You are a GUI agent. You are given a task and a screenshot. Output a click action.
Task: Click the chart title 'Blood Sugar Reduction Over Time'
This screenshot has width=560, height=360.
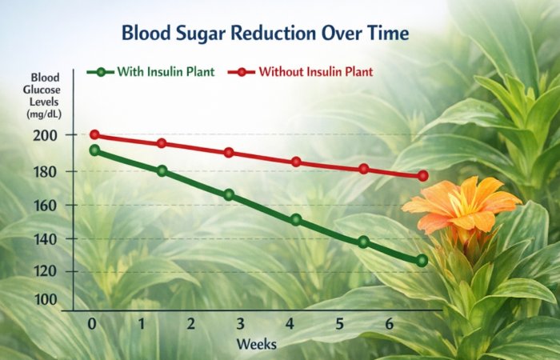pyautogui.click(x=265, y=34)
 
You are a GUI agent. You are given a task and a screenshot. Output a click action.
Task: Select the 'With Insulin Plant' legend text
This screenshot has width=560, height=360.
pyautogui.click(x=166, y=71)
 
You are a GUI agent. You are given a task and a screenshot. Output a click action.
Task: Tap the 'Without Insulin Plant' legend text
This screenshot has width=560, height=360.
pyautogui.click(x=316, y=71)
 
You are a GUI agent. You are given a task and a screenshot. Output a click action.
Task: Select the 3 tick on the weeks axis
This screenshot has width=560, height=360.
pyautogui.click(x=240, y=323)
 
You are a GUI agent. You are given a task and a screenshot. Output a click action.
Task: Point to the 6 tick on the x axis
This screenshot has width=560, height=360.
pyautogui.click(x=388, y=323)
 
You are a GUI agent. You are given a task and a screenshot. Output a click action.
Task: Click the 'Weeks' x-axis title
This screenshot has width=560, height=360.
pyautogui.click(x=257, y=344)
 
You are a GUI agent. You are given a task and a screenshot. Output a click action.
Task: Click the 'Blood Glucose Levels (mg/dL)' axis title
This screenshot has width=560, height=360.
pyautogui.click(x=46, y=95)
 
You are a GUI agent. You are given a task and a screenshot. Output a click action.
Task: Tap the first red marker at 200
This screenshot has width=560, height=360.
pyautogui.click(x=94, y=135)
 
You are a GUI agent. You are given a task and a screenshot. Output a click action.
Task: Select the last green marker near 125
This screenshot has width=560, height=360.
pyautogui.click(x=422, y=261)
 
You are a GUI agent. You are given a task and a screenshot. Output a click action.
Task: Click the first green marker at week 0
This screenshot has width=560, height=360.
pyautogui.click(x=95, y=150)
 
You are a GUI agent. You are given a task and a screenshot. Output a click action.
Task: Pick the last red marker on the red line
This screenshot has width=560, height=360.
pyautogui.click(x=423, y=176)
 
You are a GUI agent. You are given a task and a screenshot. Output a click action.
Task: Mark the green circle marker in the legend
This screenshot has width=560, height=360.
pyautogui.click(x=101, y=72)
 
